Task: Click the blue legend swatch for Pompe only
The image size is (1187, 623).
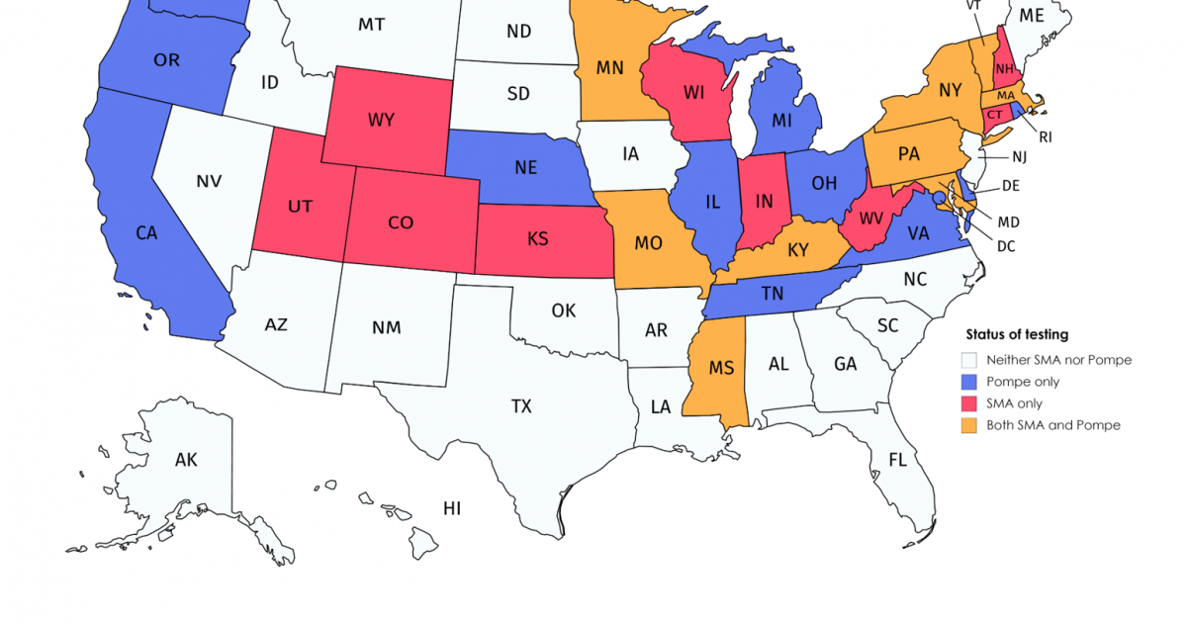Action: pos(969,382)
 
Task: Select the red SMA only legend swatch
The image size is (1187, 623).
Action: pos(969,403)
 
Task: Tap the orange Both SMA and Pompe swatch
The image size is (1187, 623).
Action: pos(969,425)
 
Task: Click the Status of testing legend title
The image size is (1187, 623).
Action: pos(1017,335)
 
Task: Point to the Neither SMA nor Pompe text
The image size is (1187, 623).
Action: pos(1058,360)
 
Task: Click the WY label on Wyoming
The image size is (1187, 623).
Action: pos(381,120)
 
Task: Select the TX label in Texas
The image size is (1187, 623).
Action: pos(521,406)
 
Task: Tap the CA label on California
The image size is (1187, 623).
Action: pos(146,233)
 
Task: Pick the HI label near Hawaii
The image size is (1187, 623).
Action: pos(452,508)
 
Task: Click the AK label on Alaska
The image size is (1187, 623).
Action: pos(186,460)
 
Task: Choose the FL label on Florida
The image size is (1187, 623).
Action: pos(897,460)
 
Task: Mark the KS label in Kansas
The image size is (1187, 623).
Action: pos(538,239)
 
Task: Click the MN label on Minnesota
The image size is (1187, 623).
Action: pos(609,68)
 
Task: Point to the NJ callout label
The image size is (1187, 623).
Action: pos(1020,157)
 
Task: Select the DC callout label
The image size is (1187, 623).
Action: pos(1006,246)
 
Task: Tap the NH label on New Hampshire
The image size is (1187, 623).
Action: pos(1006,68)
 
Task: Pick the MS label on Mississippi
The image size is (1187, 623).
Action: pos(721,368)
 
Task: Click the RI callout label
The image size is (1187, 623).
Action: pos(1046,136)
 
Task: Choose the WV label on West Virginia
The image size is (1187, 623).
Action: pos(869,217)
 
